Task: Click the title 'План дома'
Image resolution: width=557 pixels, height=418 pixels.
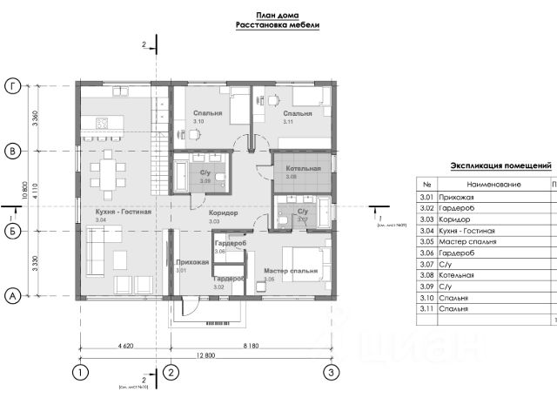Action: pos(278,15)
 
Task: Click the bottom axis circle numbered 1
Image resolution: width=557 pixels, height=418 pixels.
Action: pos(80,373)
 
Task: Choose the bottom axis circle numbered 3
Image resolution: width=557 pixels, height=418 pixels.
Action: pos(332,373)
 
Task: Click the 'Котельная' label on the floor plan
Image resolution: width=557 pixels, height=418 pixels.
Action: pos(304,168)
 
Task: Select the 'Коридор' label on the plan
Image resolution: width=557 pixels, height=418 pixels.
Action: pos(225,212)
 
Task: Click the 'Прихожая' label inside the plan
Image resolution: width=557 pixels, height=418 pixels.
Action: pos(191,261)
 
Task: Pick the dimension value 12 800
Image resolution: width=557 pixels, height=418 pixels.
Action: pos(206,355)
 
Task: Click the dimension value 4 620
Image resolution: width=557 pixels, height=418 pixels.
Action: pos(123,346)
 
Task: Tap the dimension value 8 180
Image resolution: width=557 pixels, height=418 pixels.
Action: pos(252,346)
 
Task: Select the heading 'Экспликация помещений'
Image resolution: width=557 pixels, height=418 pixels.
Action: pos(500,165)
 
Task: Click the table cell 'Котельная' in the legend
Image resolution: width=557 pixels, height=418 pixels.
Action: pos(458,274)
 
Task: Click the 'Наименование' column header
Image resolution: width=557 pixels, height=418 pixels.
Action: pos(493,185)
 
